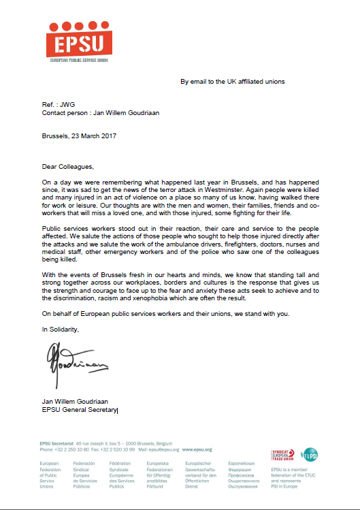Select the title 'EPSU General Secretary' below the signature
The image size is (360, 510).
pos(80,410)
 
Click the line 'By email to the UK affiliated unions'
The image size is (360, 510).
pos(232,82)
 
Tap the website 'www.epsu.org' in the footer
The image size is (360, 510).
pos(197,449)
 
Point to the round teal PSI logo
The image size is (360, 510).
pos(309,453)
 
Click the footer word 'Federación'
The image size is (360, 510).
pos(84,464)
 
